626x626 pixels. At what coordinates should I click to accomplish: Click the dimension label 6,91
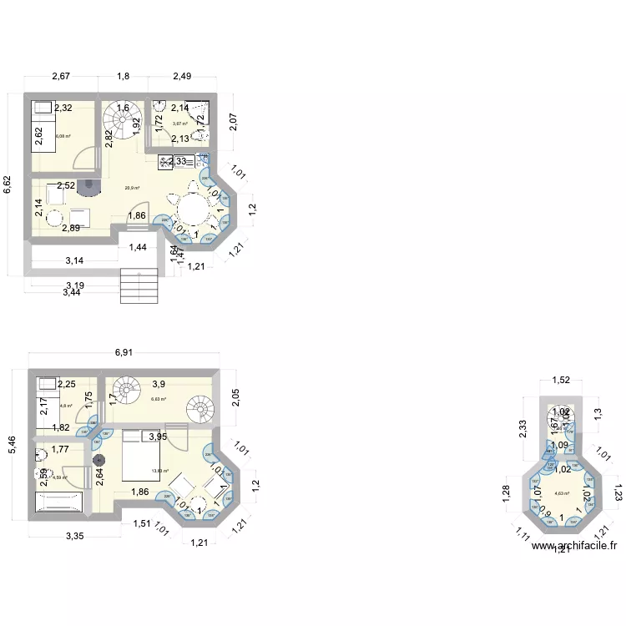coord(124,352)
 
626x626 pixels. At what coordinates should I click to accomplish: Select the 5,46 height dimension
coord(12,447)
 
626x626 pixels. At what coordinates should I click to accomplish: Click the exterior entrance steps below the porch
coord(139,286)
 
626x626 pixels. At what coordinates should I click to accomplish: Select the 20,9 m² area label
coord(132,188)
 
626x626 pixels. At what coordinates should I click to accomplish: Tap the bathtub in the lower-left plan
coord(59,502)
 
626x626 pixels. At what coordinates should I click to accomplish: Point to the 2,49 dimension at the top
coord(182,77)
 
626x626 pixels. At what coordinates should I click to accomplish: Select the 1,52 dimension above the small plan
coord(561,381)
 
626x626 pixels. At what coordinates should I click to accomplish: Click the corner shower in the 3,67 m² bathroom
coord(197,116)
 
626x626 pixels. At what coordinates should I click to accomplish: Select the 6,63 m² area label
coord(159,400)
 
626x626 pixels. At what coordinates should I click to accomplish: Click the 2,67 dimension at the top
coord(61,77)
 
